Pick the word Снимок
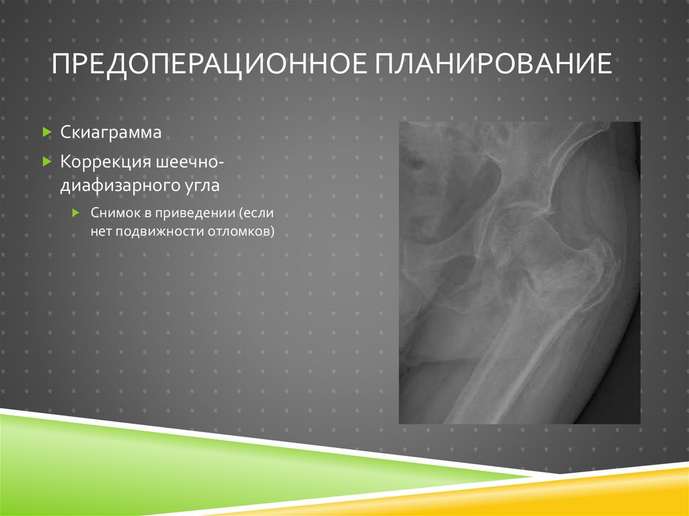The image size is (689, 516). coord(112,213)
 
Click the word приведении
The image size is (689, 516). coord(198,213)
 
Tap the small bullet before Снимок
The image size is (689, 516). coord(77,213)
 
